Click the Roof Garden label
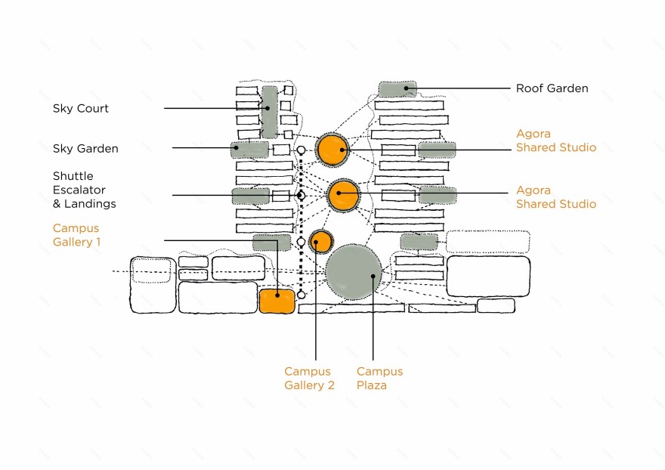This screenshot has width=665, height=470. [552, 88]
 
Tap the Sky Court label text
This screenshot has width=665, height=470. [81, 109]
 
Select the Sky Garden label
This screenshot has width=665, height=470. [85, 149]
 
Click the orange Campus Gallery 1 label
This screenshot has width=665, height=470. [76, 235]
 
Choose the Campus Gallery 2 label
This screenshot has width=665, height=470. [309, 379]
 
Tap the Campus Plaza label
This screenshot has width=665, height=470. [379, 379]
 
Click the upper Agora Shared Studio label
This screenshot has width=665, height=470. [555, 141]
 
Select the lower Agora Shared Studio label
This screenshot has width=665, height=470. [555, 197]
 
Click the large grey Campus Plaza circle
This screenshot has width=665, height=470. [354, 272]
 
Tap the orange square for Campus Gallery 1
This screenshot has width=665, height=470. [276, 301]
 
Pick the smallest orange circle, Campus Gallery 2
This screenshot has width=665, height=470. [320, 241]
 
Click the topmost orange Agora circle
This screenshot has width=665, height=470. [332, 150]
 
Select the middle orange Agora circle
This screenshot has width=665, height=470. [343, 196]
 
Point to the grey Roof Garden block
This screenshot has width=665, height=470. [397, 89]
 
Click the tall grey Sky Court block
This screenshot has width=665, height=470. [270, 111]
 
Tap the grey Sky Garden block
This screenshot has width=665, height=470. [250, 150]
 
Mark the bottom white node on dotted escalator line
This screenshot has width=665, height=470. [301, 295]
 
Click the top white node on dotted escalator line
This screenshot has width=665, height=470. [301, 150]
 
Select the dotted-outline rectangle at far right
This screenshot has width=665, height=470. [487, 242]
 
